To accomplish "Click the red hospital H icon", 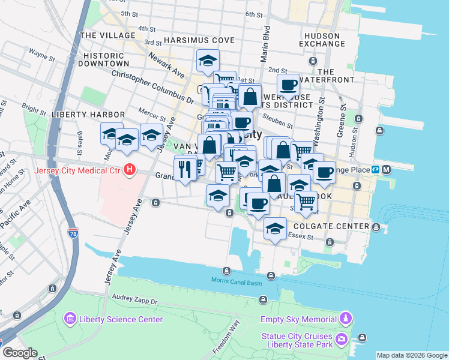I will (x=129, y=170).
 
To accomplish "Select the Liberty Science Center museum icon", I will (x=70, y=318).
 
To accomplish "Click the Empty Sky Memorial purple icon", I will (x=345, y=317).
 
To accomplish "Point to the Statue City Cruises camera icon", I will (x=342, y=340).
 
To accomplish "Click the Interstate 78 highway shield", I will (x=73, y=232).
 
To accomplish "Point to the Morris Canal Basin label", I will (x=237, y=281).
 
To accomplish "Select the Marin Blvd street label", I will (x=266, y=43).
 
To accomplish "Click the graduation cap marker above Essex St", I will (x=276, y=229).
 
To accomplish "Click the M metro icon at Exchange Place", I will (x=387, y=169).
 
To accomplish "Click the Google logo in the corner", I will (x=20, y=353).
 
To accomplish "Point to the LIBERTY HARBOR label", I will (x=88, y=114).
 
